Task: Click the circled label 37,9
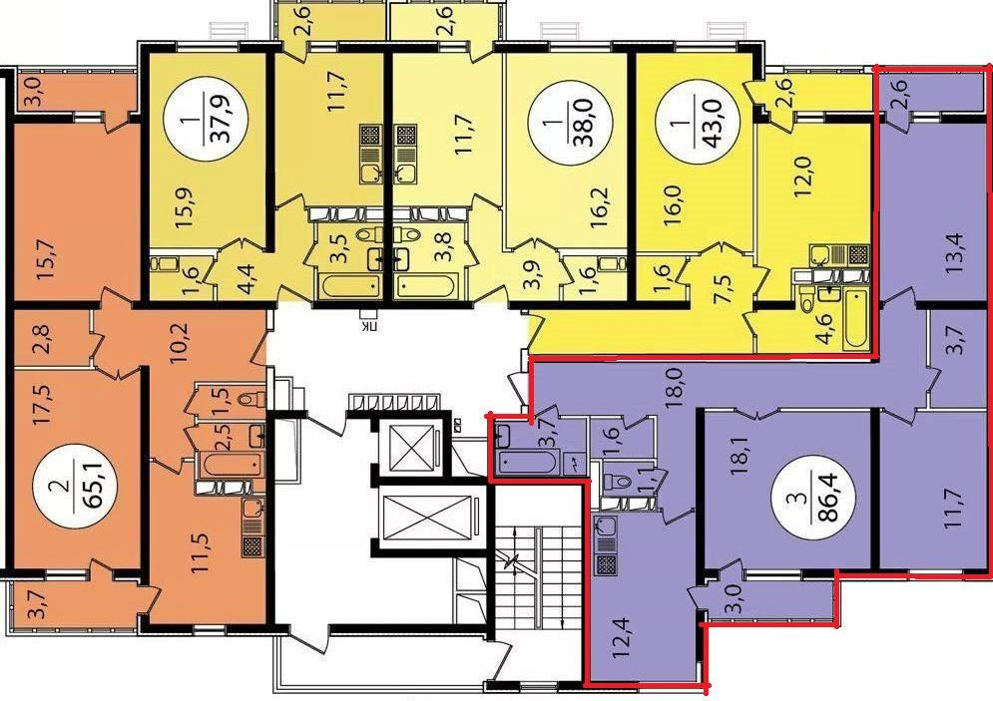click(x=206, y=120)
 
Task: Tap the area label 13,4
click(x=953, y=253)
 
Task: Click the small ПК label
click(x=366, y=327)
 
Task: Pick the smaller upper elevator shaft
click(x=411, y=448)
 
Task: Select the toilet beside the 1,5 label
click(x=253, y=399)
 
